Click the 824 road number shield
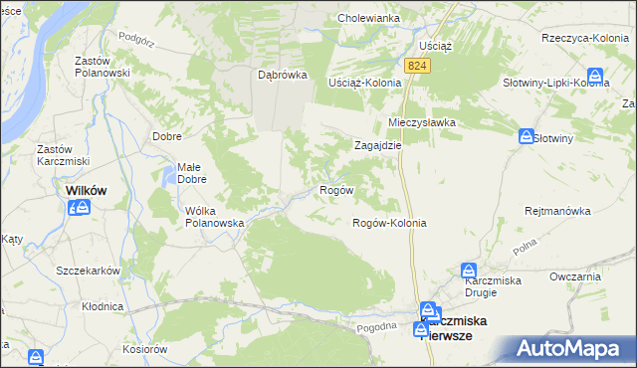(x=417, y=65)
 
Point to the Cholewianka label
(x=368, y=18)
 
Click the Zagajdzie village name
(x=378, y=144)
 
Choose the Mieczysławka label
(x=421, y=122)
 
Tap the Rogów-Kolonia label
(x=389, y=223)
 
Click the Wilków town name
(x=86, y=189)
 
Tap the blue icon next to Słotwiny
(x=527, y=136)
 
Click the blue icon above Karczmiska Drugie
(x=468, y=269)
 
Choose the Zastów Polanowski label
(x=103, y=67)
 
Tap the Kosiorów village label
(x=144, y=349)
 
